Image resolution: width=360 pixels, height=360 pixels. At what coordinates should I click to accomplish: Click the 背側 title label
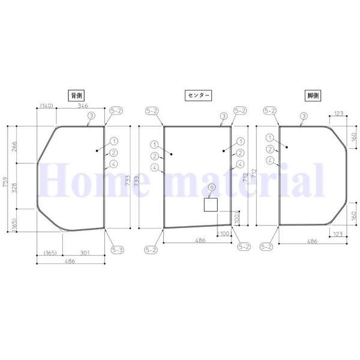click(76, 95)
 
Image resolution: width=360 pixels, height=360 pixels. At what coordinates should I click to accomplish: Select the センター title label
click(197, 95)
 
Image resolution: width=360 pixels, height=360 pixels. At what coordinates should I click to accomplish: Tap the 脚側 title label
click(312, 95)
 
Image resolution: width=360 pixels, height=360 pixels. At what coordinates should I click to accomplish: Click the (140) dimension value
click(47, 106)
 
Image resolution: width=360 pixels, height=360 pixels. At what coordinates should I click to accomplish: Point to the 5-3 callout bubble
click(117, 250)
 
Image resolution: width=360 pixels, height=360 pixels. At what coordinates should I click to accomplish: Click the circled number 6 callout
click(211, 188)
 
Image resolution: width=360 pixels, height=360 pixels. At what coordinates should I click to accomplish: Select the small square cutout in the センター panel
click(211, 206)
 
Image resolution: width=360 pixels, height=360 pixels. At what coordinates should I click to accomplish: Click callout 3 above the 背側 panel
click(91, 115)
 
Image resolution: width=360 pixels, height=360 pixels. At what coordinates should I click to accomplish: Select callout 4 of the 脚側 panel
click(271, 160)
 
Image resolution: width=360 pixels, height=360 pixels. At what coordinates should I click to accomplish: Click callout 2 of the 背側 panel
click(114, 152)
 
